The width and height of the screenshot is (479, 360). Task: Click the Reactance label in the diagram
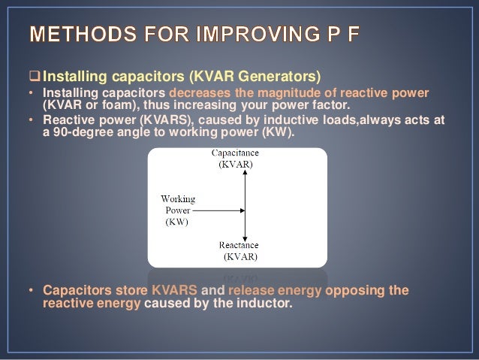pyautogui.click(x=238, y=246)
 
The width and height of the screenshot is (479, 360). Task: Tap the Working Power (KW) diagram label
pyautogui.click(x=178, y=210)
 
